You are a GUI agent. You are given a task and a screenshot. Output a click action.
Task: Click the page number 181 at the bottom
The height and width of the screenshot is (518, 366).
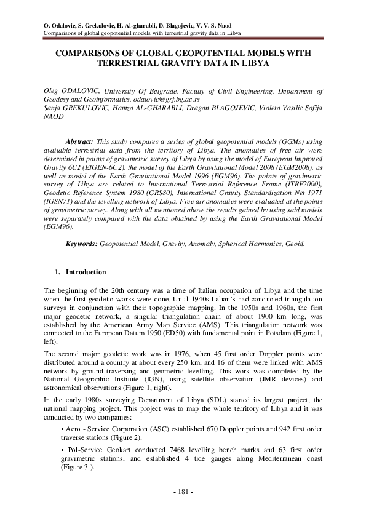coord(183,492)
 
